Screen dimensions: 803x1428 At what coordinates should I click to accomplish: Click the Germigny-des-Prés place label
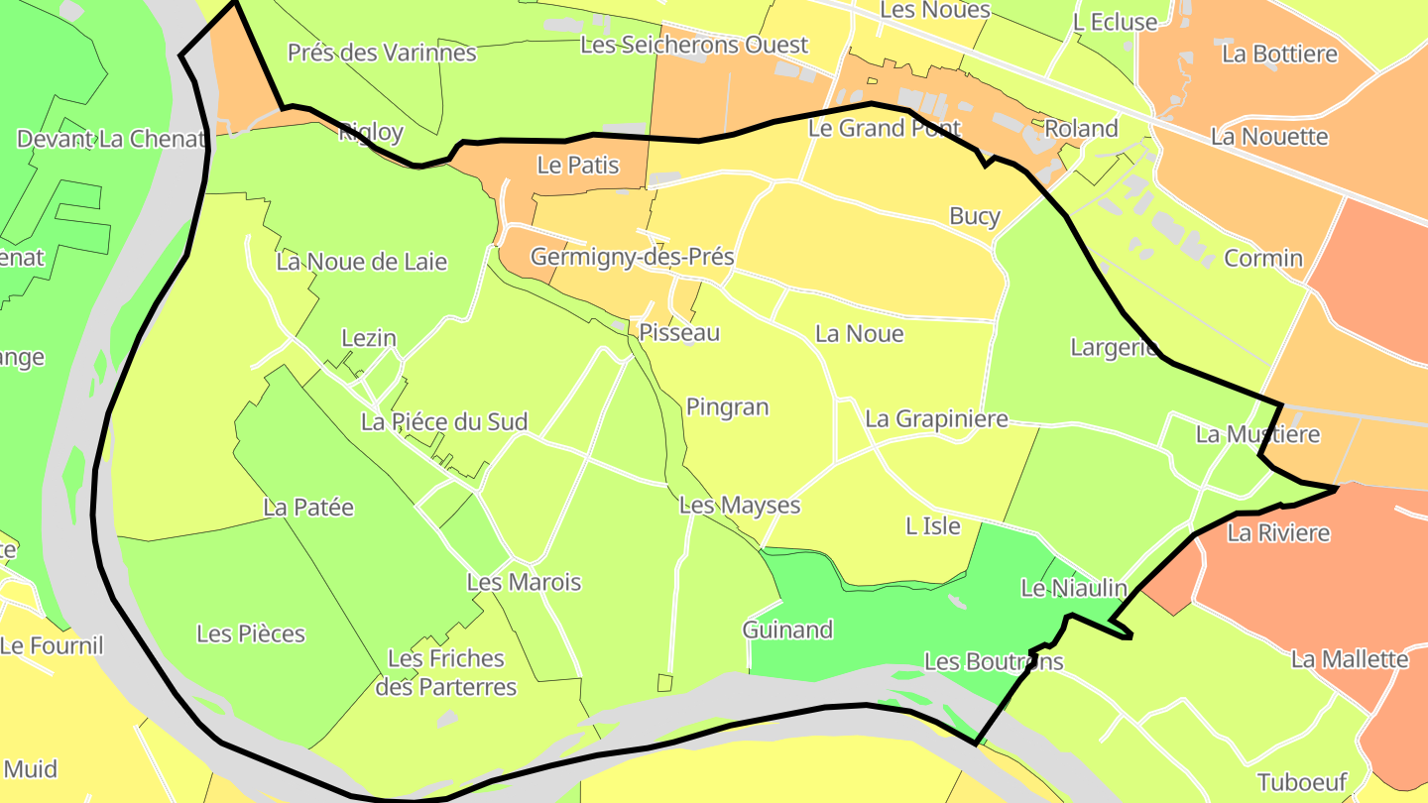(x=632, y=257)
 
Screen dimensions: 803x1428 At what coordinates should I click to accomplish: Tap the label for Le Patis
(x=578, y=166)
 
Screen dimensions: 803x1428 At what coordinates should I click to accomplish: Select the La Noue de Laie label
(x=361, y=262)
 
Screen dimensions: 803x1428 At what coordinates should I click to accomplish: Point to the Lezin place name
(x=369, y=338)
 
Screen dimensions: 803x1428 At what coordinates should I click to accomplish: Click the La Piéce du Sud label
(x=443, y=421)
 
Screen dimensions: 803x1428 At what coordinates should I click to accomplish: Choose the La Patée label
(x=308, y=507)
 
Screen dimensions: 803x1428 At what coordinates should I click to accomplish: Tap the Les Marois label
(x=524, y=582)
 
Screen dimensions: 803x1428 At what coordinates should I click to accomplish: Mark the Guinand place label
(x=787, y=630)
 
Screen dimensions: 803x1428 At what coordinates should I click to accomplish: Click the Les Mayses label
(x=739, y=506)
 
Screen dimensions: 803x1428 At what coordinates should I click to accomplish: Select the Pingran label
(x=727, y=406)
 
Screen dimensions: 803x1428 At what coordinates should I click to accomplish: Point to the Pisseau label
(x=679, y=332)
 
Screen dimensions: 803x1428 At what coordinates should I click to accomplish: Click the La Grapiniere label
(x=936, y=418)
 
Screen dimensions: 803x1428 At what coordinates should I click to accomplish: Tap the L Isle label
(x=933, y=525)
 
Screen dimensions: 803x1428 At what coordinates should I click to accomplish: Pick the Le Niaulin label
(x=1074, y=588)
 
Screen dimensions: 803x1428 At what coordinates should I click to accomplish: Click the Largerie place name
(x=1115, y=347)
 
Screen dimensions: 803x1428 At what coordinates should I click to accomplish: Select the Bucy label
(x=975, y=216)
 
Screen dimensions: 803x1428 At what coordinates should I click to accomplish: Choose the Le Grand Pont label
(x=885, y=128)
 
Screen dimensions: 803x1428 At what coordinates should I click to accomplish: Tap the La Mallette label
(x=1350, y=658)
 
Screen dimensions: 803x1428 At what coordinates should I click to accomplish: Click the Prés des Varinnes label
(x=382, y=53)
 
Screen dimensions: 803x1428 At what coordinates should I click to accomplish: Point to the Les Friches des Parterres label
(x=445, y=672)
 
